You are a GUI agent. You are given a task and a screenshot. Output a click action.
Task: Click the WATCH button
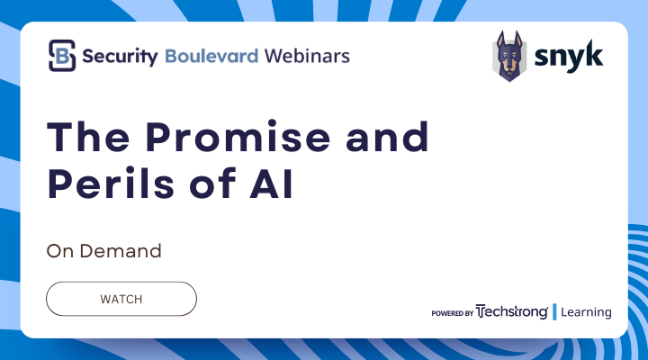pyautogui.click(x=121, y=298)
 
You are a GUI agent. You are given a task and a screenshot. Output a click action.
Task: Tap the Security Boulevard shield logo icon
pyautogui.click(x=61, y=56)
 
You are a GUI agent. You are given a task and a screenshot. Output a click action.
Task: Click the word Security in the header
pyautogui.click(x=121, y=56)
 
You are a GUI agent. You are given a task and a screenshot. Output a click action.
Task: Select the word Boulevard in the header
pyautogui.click(x=212, y=56)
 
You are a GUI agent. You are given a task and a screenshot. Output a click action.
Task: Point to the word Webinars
pyautogui.click(x=307, y=56)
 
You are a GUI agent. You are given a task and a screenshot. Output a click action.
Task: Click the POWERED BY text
pyautogui.click(x=452, y=313)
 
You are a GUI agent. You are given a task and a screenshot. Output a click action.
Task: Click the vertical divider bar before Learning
pyautogui.click(x=555, y=312)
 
